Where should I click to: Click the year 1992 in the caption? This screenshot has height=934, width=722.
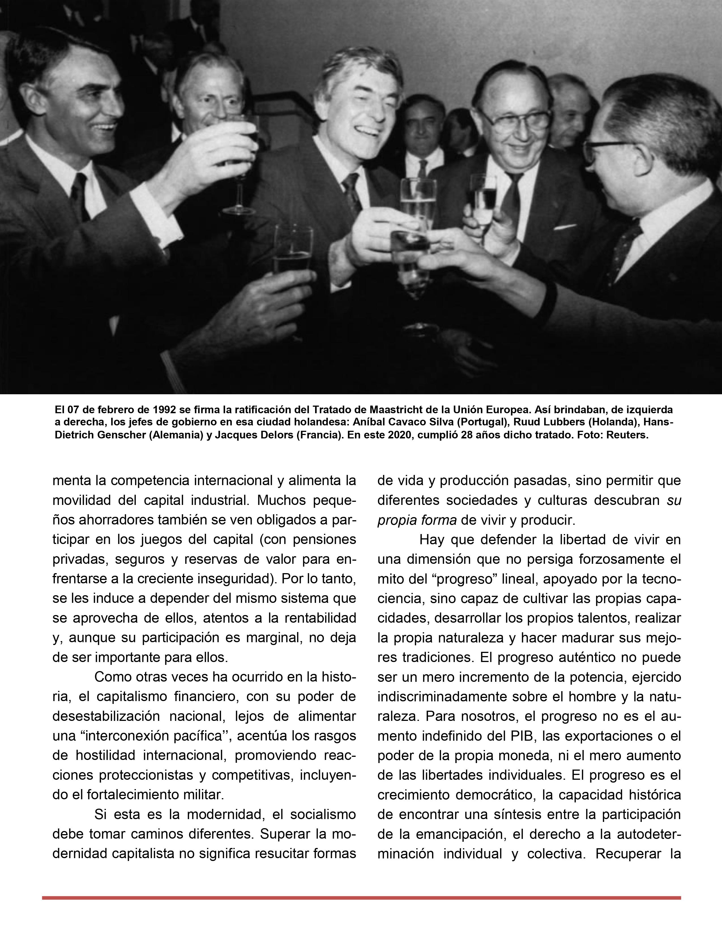click(164, 409)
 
